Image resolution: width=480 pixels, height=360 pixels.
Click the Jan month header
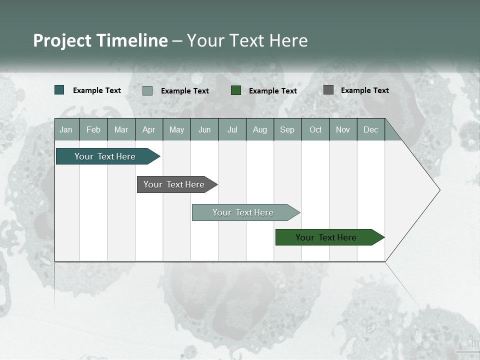point(66,129)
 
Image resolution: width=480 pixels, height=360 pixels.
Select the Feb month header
point(93,129)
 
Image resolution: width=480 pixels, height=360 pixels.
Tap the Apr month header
point(149,129)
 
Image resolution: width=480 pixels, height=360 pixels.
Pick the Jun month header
point(204,129)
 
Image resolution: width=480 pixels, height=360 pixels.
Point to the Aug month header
point(260,129)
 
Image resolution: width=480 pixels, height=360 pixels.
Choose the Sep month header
point(287,129)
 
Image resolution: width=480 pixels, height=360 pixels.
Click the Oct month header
point(315,129)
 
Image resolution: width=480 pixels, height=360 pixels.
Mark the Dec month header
point(371,129)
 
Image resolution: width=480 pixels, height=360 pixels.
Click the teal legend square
point(59,90)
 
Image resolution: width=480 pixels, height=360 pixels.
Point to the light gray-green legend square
point(147,90)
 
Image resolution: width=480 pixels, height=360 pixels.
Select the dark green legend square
point(236,90)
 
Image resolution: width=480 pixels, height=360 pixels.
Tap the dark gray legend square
point(328,90)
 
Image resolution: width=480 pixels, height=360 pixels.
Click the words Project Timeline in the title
point(100,40)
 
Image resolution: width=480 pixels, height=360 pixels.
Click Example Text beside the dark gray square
point(365,90)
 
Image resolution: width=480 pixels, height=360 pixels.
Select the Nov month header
point(343,129)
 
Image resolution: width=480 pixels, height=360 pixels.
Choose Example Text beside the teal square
point(97,90)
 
